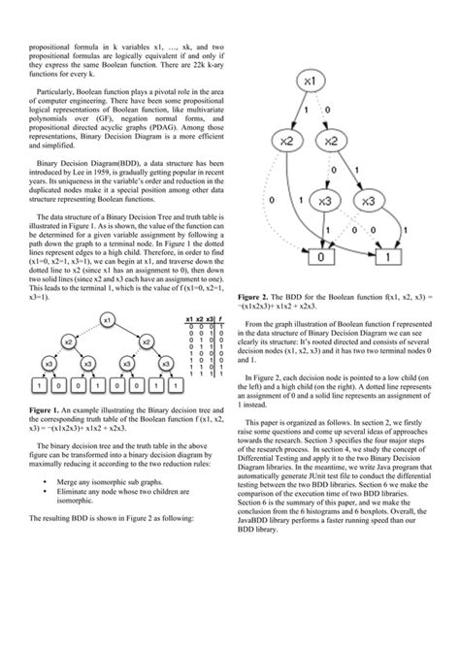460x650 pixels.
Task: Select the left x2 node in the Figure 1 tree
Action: (x=68, y=341)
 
